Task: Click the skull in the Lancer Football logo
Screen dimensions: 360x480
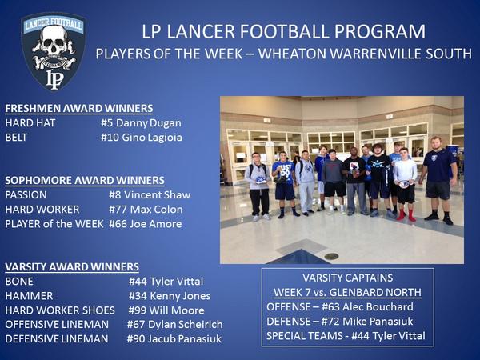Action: [54, 42]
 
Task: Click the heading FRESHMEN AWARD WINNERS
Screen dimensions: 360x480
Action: [78, 109]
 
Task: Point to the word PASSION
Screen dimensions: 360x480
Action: [26, 194]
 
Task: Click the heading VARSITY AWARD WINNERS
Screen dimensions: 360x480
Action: [72, 266]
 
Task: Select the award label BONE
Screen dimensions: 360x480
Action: [19, 281]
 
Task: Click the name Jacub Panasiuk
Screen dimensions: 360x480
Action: [186, 338]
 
